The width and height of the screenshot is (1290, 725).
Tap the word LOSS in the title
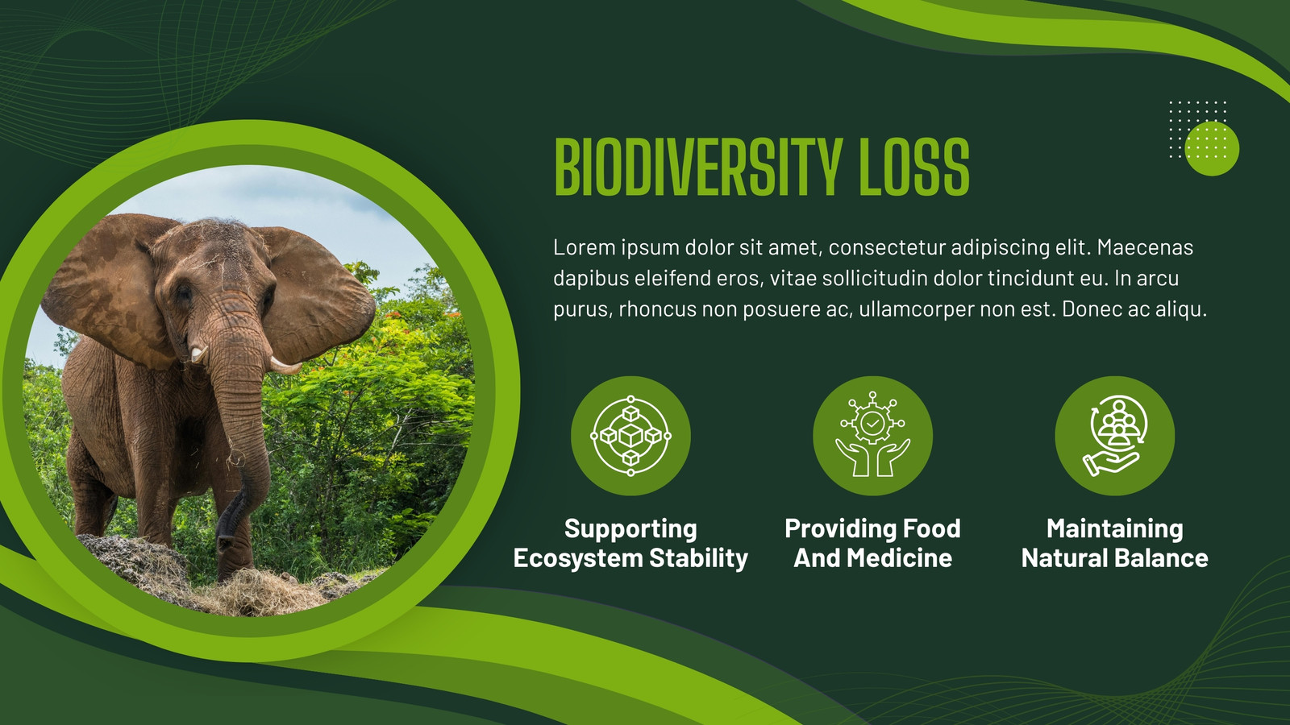point(914,168)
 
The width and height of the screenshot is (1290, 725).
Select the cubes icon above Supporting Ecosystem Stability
point(630,436)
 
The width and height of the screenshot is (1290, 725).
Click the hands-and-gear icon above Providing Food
point(873,434)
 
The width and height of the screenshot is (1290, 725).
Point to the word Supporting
point(630,528)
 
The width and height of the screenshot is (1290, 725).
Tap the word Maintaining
point(1115,528)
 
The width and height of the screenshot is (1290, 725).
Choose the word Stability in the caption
point(698,559)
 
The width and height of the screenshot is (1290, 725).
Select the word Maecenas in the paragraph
point(1145,247)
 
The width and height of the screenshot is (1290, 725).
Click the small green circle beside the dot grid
point(1212,148)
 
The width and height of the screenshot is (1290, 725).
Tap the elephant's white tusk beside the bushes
point(285,366)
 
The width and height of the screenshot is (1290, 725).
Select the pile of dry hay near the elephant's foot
point(259,593)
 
